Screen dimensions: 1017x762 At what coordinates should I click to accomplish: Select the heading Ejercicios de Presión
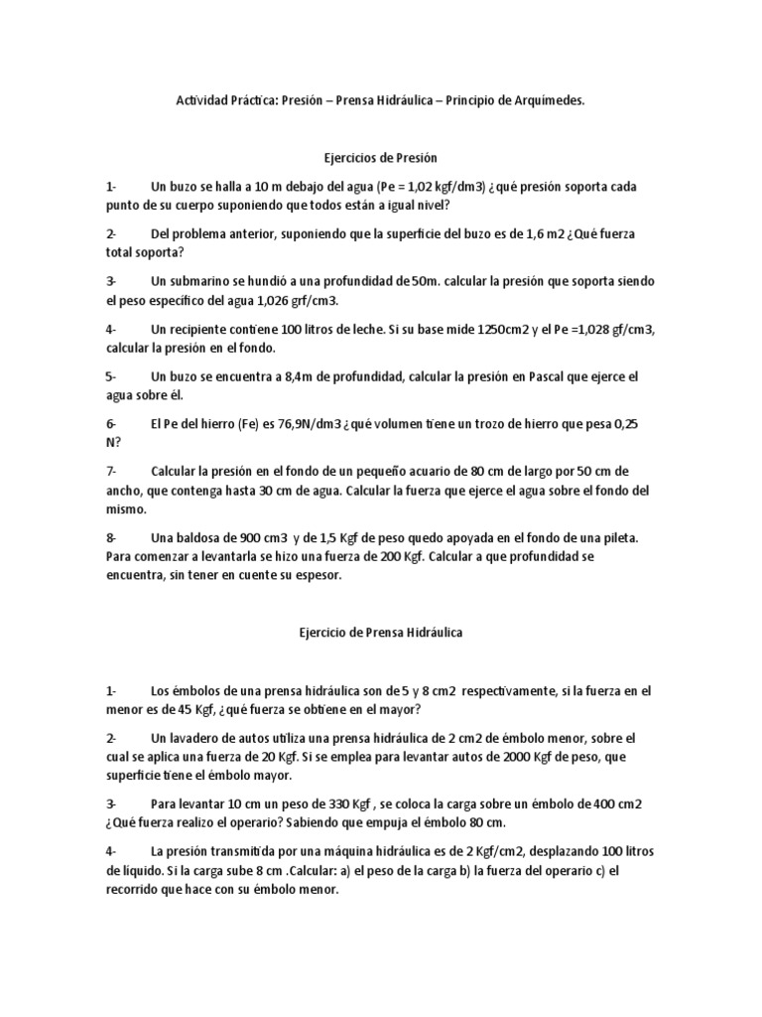point(381,159)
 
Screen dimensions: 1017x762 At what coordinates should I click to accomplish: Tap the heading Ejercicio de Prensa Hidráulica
point(381,632)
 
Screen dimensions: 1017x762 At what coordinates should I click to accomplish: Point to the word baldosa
point(199,538)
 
